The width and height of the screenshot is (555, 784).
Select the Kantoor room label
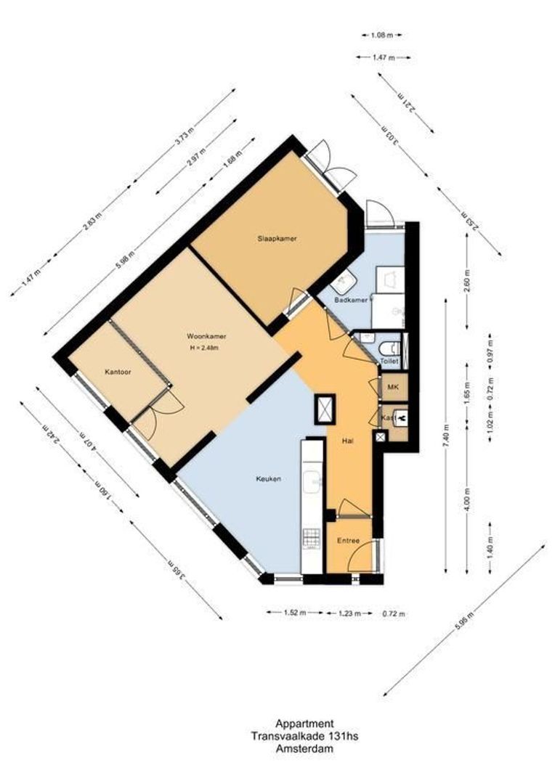point(117,372)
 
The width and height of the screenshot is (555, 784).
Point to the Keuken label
point(268,479)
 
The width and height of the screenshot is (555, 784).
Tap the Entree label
point(349,542)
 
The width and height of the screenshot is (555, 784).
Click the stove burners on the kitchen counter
point(312,538)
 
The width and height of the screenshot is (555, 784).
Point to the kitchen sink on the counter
point(313,479)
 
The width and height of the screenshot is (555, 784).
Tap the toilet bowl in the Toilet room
point(390,348)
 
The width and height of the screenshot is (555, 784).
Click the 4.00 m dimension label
point(469,500)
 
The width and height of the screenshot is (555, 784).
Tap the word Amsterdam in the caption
point(304,749)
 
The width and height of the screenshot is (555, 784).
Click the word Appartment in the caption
point(304,723)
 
